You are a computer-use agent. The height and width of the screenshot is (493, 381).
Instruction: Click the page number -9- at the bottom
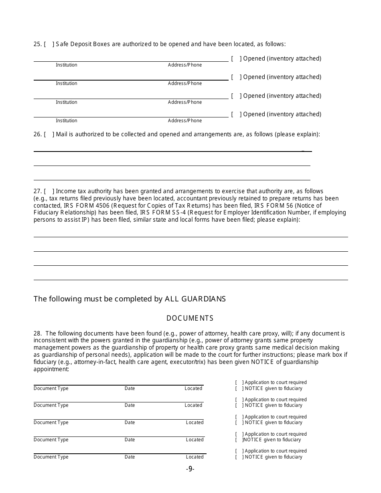(190, 469)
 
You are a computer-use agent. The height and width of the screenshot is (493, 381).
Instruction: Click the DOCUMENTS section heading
(190, 318)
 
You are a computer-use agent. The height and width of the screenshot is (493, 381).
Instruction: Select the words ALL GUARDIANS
(195, 299)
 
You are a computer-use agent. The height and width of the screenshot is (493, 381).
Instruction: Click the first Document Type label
(51, 388)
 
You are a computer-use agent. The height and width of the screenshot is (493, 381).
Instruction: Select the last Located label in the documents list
(195, 457)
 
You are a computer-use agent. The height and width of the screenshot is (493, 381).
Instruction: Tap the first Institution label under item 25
(67, 65)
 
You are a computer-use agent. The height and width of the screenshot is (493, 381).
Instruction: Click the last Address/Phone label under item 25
(185, 121)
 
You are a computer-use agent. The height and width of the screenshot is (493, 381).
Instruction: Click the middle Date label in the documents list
(130, 422)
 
